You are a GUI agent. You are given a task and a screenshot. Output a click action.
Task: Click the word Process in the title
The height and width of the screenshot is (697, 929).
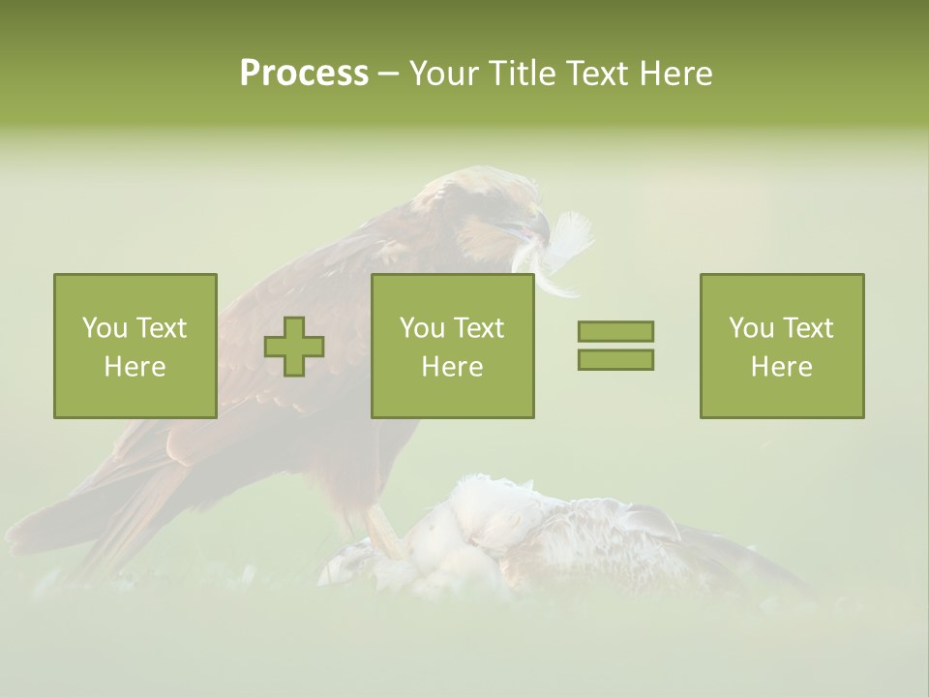click(304, 74)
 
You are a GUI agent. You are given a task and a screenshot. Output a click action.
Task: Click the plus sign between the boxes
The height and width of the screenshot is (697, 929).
click(294, 347)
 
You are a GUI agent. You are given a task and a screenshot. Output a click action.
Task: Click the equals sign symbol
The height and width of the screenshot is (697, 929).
click(615, 346)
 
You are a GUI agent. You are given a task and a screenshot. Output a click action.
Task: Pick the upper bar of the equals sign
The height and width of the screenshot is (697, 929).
click(615, 331)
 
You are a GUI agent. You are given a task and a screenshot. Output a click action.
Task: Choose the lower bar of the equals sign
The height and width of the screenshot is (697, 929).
click(615, 359)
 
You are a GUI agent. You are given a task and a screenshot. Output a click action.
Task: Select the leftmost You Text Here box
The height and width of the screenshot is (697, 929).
click(135, 346)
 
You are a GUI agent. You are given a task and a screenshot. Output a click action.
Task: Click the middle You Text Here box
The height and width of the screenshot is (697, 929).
click(453, 346)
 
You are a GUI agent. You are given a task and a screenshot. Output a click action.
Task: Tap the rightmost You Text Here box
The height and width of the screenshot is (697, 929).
click(782, 346)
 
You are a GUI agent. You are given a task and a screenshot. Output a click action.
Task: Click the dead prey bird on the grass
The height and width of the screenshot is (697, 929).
click(542, 542)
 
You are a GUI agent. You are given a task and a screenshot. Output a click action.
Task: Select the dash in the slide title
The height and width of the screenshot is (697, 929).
click(388, 74)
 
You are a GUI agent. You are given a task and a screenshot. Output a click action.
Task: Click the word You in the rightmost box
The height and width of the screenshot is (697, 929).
click(749, 328)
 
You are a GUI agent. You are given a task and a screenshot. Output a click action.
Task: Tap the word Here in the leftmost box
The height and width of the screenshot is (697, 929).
click(135, 367)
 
